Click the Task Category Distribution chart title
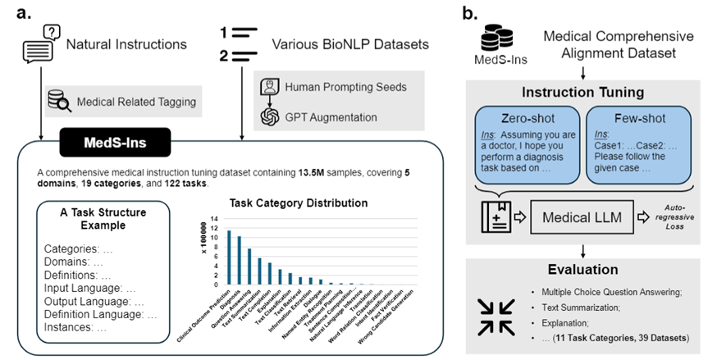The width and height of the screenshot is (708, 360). tap(291, 202)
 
